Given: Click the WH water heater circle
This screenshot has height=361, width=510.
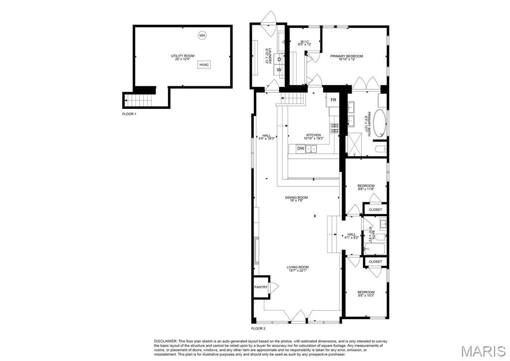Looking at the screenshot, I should click(x=202, y=35).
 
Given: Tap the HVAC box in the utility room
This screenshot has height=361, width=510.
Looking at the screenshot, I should click(x=204, y=65).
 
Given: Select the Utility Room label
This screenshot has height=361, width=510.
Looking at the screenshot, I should click(x=182, y=57).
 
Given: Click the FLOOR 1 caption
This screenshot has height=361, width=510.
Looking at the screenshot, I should click(x=129, y=114).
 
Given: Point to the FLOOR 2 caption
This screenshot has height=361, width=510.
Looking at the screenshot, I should click(x=258, y=329).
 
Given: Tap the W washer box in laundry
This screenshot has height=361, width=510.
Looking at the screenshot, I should click(x=279, y=70).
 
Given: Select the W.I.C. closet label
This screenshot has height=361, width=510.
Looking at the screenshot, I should click(x=304, y=43).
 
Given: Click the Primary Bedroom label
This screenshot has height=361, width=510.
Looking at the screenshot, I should click(x=346, y=58).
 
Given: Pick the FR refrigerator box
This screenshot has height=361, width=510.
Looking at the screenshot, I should click(x=333, y=100).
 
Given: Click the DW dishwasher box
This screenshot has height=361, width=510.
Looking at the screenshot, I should click(x=301, y=148).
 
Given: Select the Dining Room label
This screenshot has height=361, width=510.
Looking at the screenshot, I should click(x=296, y=199).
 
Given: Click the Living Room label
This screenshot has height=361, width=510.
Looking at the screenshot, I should click(x=298, y=269).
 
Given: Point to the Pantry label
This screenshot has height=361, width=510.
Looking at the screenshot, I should click(x=261, y=287).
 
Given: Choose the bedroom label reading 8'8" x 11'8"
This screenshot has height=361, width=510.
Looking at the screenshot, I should click(x=365, y=187).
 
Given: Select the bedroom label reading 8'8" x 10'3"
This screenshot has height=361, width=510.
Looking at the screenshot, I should click(x=365, y=294).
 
